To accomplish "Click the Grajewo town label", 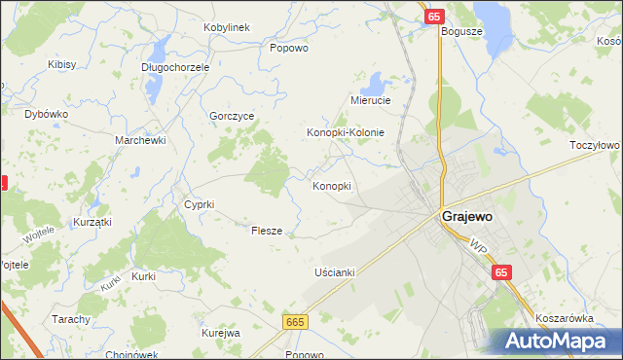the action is pos(471,217).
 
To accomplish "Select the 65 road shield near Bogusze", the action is pos(434,17).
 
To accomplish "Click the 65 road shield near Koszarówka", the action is pos(501,274).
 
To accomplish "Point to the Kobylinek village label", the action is pos(228,26).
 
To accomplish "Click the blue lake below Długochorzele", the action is pos(155,86).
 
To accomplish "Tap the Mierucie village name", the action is pos(370,100).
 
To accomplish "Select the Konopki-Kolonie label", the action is pos(347,132).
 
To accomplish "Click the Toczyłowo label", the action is pos(595,144).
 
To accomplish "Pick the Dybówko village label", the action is pos(46,114).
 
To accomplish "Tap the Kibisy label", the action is pos(62,64).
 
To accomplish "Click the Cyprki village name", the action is pos(199,204).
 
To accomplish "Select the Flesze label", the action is pos(267,231).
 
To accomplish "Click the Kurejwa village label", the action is pos(221,333).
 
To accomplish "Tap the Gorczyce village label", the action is pos(232,115).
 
